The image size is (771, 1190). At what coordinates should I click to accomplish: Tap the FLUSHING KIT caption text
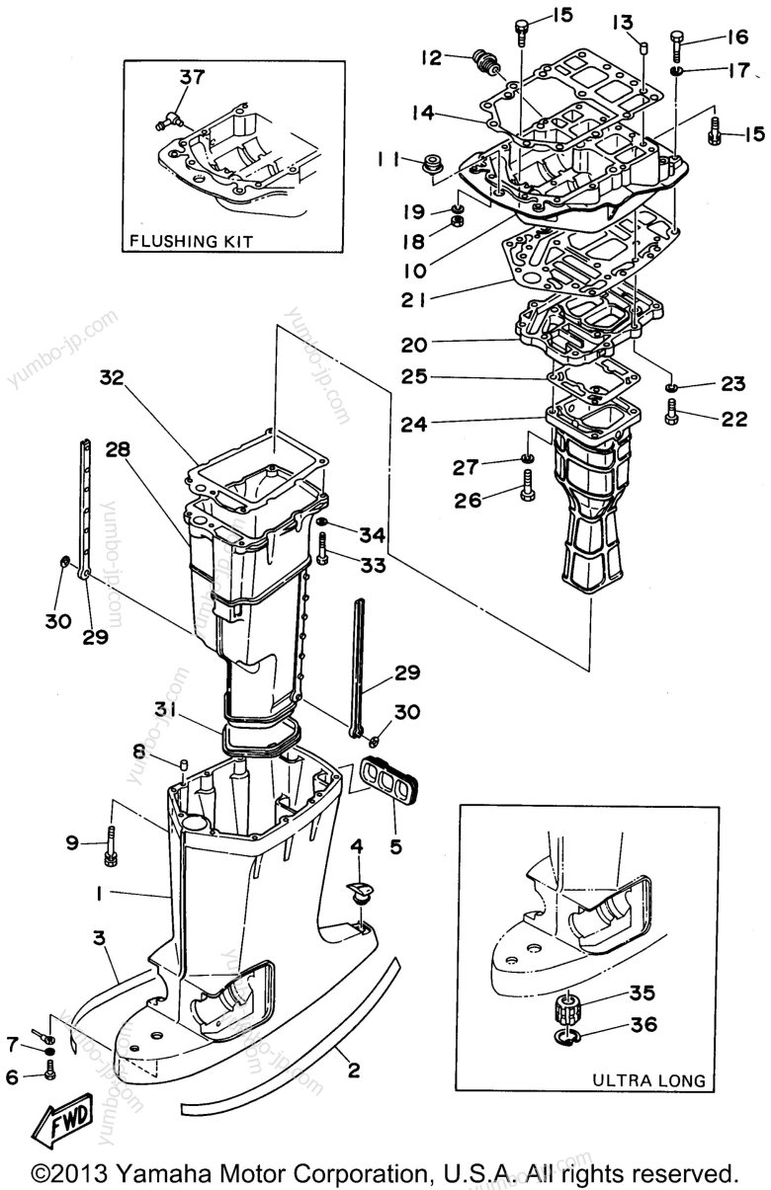click(192, 242)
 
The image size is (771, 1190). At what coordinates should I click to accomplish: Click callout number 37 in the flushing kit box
click(192, 77)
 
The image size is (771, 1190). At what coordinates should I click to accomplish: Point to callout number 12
click(431, 57)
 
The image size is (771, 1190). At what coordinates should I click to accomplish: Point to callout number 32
click(112, 377)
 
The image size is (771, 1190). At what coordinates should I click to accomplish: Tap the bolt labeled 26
click(528, 485)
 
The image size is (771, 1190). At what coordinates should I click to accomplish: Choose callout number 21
click(414, 300)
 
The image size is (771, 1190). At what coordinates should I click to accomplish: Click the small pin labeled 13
click(643, 48)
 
